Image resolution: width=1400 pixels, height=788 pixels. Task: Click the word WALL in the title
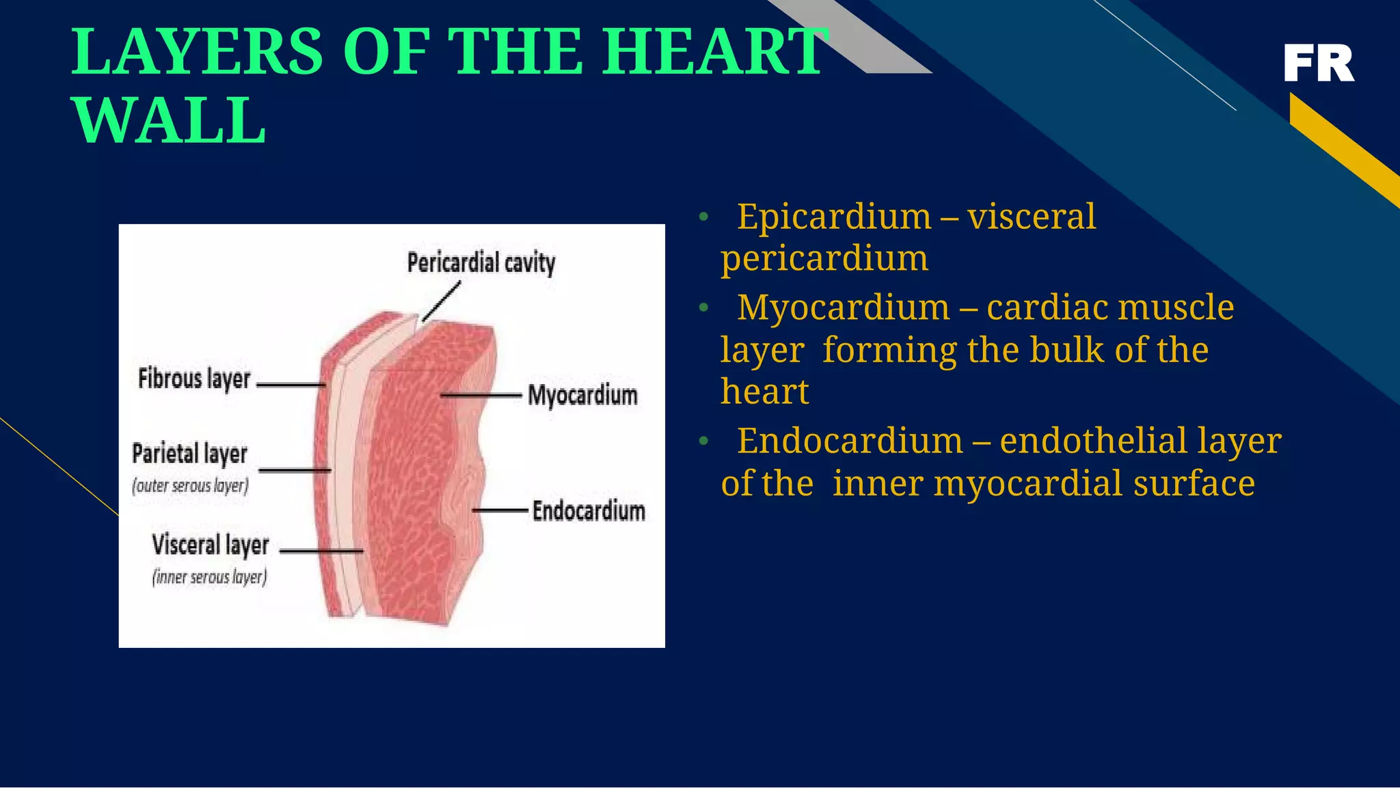coord(169,121)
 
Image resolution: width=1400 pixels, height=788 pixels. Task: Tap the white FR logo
coord(1318,64)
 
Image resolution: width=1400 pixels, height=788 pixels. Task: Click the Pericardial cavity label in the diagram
coord(481,262)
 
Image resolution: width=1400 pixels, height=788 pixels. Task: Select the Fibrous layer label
coord(194,379)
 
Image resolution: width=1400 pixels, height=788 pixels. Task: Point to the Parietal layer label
coord(189,454)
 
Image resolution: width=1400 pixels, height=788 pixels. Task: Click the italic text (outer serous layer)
coord(190,486)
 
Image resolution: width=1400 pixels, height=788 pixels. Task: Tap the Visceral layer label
coord(210,545)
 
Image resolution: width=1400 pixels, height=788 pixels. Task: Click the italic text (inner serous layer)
coord(209,578)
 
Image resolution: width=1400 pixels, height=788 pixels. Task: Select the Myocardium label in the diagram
coord(582,396)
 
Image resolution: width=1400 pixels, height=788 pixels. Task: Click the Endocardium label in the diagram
coord(589,511)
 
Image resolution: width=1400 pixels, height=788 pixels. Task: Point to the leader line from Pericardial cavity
coord(442,301)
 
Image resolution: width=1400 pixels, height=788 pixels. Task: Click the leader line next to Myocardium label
coord(481,395)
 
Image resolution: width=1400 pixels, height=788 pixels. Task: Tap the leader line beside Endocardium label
coord(500,510)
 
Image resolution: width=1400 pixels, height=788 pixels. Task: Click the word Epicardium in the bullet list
coord(834,217)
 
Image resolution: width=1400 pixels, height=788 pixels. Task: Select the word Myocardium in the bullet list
coord(844,308)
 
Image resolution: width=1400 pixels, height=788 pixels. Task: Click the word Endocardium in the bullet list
coord(850,441)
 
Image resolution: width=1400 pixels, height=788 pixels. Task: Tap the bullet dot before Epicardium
coord(703,218)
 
